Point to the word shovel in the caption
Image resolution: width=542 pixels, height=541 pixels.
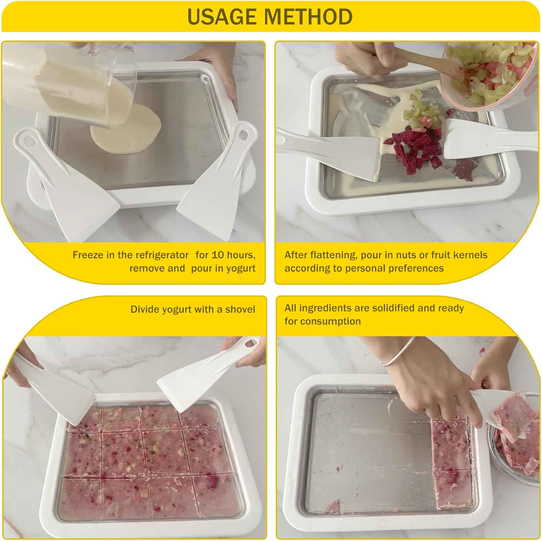(x=240, y=310)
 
